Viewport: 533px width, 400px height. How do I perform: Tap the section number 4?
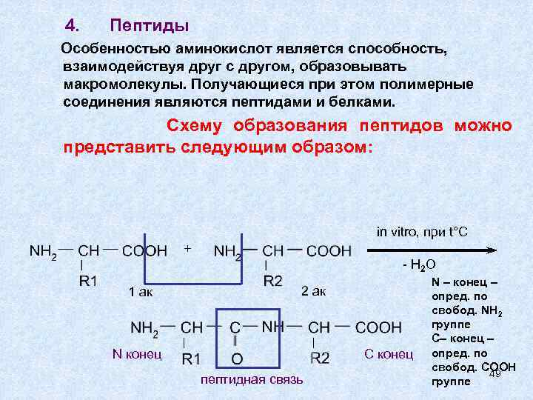(71, 26)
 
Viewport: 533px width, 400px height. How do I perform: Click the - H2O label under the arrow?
(418, 264)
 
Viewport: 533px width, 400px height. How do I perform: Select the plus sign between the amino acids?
(188, 247)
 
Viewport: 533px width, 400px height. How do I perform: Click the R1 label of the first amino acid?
(88, 281)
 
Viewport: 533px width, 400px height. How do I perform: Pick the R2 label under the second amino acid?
(272, 281)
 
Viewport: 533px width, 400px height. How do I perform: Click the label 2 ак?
(314, 290)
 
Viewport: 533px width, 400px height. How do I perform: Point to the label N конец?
(136, 353)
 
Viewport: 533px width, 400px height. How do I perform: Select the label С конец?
(389, 354)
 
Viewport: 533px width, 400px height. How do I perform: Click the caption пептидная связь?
(251, 380)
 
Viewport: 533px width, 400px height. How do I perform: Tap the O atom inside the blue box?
(237, 359)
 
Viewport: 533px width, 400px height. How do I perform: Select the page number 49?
(495, 373)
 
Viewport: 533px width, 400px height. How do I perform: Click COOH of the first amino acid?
(144, 251)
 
